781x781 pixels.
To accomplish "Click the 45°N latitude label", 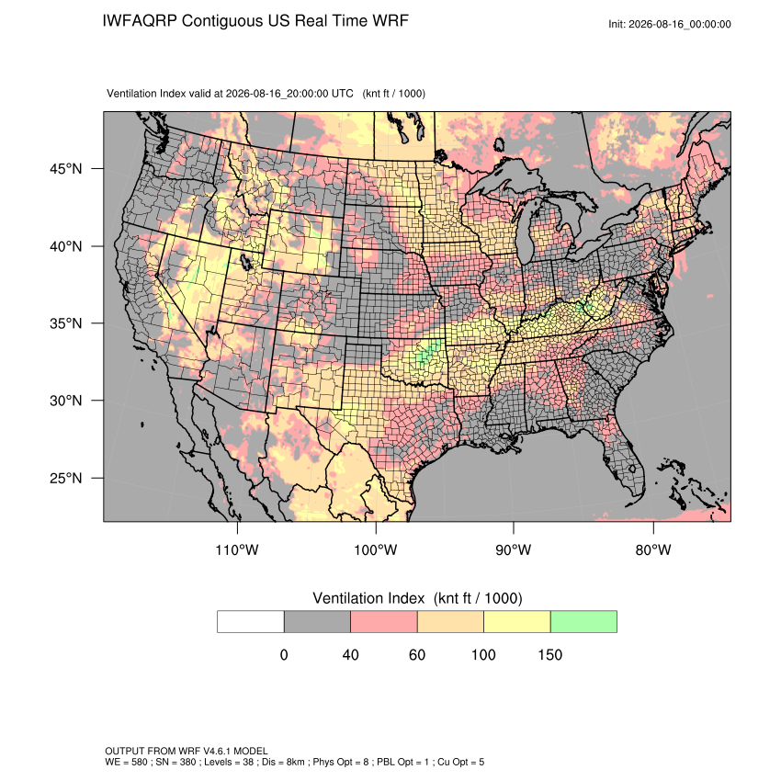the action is pyautogui.click(x=65, y=169).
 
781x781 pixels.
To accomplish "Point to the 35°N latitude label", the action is pyautogui.click(x=65, y=323).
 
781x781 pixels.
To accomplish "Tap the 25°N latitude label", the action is pyautogui.click(x=65, y=478).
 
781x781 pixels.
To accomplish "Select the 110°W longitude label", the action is pyautogui.click(x=237, y=549).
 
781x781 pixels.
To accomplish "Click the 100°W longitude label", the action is pyautogui.click(x=376, y=549).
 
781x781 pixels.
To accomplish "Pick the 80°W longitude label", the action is pyautogui.click(x=653, y=549).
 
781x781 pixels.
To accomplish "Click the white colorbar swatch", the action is pyautogui.click(x=251, y=622).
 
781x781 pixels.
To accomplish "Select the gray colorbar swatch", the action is pyautogui.click(x=317, y=622).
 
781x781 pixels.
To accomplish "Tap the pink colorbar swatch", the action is pyautogui.click(x=384, y=622).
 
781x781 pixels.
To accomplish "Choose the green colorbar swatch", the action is pyautogui.click(x=583, y=622).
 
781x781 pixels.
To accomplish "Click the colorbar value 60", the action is pyautogui.click(x=417, y=654).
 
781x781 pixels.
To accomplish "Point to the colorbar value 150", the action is pyautogui.click(x=549, y=654).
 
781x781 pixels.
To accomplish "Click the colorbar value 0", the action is pyautogui.click(x=284, y=654).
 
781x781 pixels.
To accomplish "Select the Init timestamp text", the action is pyautogui.click(x=670, y=24).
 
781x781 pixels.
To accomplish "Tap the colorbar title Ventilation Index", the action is pyautogui.click(x=368, y=598).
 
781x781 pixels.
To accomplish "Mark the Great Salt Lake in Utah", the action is pyautogui.click(x=245, y=261).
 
